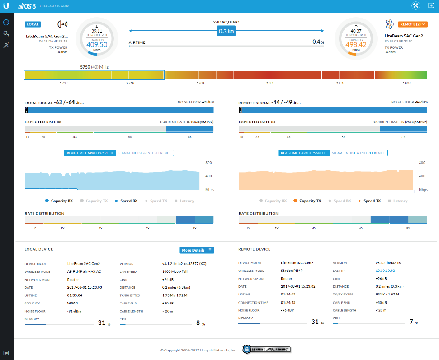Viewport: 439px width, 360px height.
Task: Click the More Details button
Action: click(197, 250)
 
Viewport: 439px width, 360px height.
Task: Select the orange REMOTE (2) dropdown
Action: click(413, 24)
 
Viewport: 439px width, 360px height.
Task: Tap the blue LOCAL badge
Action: click(33, 24)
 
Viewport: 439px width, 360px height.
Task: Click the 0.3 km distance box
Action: click(226, 31)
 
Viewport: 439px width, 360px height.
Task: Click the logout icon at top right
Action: click(431, 6)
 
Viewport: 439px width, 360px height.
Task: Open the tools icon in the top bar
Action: click(415, 6)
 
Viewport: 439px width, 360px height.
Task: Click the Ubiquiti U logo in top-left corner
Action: click(6, 6)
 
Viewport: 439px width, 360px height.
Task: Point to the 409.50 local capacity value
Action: click(97, 44)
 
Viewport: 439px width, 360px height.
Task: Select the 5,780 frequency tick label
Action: click(200, 83)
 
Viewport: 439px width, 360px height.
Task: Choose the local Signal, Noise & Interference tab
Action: click(145, 153)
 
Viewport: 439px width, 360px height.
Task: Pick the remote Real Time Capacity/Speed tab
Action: click(304, 153)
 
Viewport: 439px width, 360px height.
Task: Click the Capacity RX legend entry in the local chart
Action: click(59, 201)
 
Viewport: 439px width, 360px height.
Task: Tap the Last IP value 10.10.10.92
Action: click(385, 271)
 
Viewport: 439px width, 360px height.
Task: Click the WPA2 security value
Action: click(72, 303)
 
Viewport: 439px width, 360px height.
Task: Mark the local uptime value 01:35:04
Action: click(75, 295)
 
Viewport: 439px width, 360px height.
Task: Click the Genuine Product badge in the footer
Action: click(266, 349)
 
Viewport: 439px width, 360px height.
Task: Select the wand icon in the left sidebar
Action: click(6, 45)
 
